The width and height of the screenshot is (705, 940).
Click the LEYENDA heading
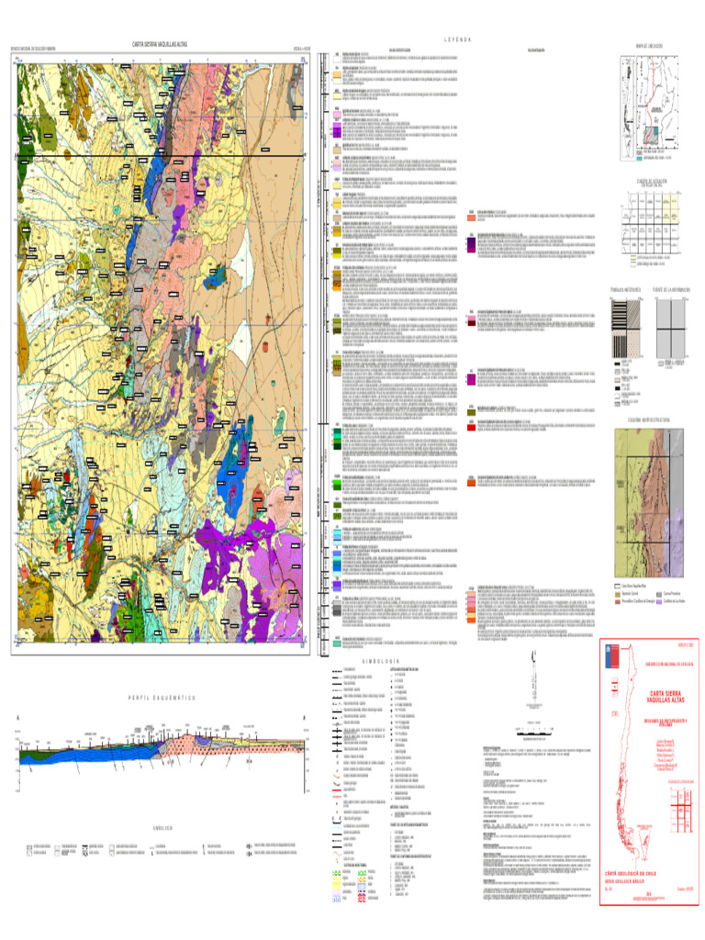[456, 39]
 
